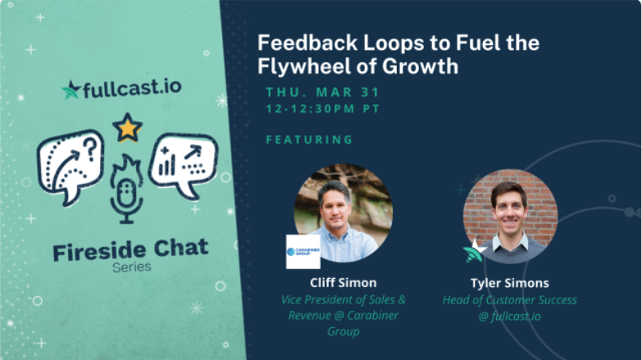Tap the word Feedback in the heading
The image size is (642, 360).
click(x=307, y=43)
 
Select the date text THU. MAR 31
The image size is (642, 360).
click(x=322, y=92)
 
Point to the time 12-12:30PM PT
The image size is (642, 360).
click(x=323, y=108)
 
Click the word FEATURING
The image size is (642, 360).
click(x=310, y=139)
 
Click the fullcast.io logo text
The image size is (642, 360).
click(x=132, y=88)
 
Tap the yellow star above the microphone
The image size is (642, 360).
click(x=127, y=128)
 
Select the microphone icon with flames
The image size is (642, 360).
click(x=126, y=189)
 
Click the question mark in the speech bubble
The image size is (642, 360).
click(x=91, y=148)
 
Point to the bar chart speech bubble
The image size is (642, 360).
click(x=183, y=164)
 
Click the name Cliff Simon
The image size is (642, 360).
click(x=343, y=283)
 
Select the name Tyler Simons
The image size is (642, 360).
click(x=510, y=283)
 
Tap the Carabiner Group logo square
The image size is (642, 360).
click(x=303, y=252)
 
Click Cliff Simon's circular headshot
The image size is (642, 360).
click(x=344, y=212)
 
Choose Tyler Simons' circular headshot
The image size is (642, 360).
click(x=511, y=216)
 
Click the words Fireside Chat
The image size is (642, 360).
click(x=130, y=250)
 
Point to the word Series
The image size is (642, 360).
click(x=132, y=267)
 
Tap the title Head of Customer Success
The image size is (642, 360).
click(x=510, y=300)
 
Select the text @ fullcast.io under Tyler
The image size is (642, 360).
click(x=510, y=317)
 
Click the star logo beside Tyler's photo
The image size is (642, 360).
click(x=475, y=251)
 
